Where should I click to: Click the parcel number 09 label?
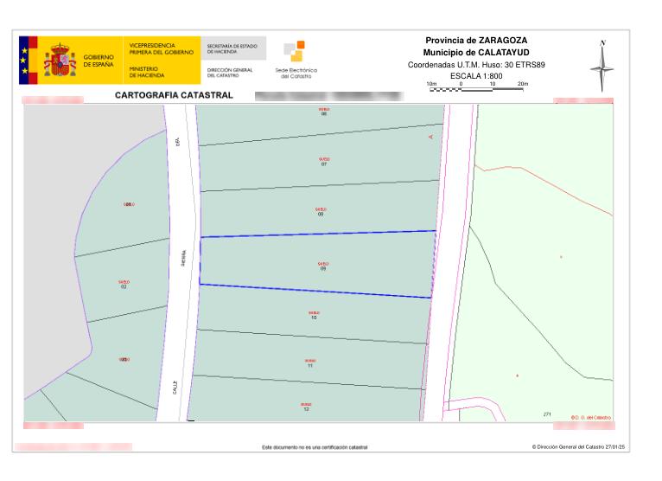click(x=322, y=268)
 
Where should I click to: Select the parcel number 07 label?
click(x=324, y=164)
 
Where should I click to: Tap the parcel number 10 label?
click(x=314, y=317)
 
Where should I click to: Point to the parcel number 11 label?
click(x=309, y=366)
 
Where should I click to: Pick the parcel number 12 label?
click(x=306, y=407)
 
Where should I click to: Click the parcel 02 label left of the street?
click(x=124, y=285)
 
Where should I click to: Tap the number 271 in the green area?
click(x=547, y=415)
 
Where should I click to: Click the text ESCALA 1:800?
click(x=477, y=76)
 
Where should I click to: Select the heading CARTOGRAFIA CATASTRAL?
click(x=174, y=95)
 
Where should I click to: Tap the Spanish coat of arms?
click(x=60, y=60)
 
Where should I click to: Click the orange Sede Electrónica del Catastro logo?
click(x=296, y=52)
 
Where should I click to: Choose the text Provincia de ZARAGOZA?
click(x=476, y=41)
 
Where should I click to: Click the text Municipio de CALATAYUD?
click(x=476, y=53)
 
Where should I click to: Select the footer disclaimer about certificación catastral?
click(x=315, y=447)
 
